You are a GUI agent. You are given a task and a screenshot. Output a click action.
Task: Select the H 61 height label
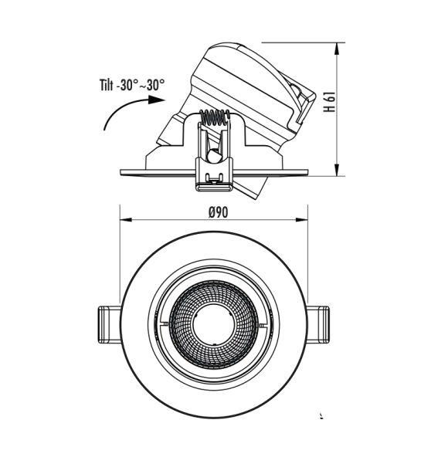click(x=328, y=103)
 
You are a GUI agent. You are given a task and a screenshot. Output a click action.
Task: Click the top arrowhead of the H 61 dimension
click(x=338, y=48)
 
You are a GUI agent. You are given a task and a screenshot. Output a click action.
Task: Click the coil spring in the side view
click(x=216, y=119)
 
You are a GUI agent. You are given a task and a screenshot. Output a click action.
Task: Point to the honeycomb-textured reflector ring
click(x=185, y=324)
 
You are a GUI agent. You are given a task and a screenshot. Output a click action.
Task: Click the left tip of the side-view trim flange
click(x=121, y=171)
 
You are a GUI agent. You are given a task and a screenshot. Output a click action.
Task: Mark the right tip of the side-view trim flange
click(x=307, y=171)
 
